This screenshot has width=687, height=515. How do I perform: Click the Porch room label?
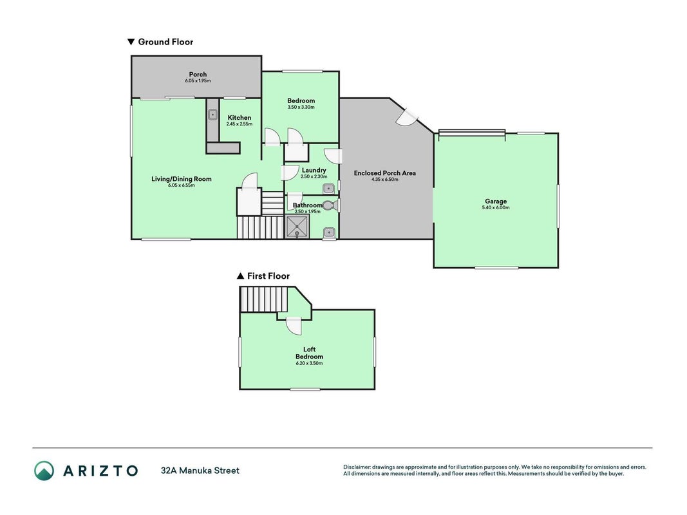coord(198,75)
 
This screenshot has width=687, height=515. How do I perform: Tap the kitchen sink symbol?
coord(212,115)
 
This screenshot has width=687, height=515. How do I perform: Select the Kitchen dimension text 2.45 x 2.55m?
coord(240,124)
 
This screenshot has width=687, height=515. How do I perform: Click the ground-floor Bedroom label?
coord(301,100)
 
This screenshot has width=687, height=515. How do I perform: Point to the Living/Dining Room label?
coord(182,179)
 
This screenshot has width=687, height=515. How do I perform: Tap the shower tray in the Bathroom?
coord(297,227)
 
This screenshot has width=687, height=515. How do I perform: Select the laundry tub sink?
coord(328,189)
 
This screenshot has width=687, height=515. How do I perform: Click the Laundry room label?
coord(314,170)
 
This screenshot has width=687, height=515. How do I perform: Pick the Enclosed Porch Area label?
coord(384,173)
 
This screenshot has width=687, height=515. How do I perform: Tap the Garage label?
coord(496,201)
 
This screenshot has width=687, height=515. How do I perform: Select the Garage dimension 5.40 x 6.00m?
coord(496,207)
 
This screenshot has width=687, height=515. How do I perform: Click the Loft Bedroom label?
coord(309,353)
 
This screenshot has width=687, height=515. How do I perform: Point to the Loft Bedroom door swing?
coord(294,326)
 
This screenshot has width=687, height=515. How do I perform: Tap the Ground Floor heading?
coord(160,42)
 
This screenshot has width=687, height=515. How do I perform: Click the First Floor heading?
coord(263,276)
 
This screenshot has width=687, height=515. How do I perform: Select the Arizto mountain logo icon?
coord(44,471)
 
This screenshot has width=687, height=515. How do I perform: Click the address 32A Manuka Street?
coord(200,471)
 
